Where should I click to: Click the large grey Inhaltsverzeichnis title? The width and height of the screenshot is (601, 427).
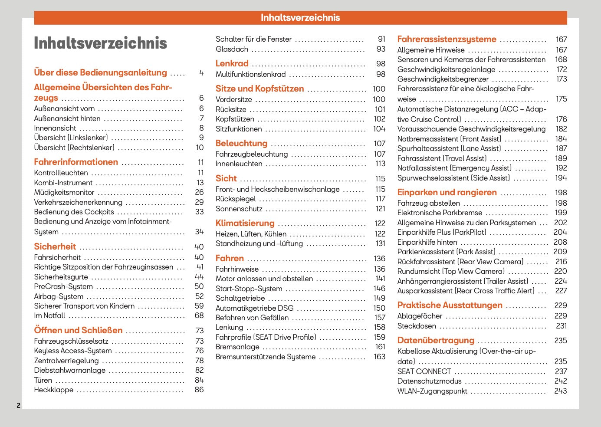pos(100,43)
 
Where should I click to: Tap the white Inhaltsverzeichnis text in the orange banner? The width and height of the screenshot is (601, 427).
pos(300,17)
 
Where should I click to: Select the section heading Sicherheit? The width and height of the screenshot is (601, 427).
pos(55,246)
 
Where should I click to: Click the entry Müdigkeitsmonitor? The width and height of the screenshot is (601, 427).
pos(64,192)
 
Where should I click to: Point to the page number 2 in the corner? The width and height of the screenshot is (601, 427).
pos(18,405)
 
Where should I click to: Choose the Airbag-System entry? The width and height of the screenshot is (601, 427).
pos(59,296)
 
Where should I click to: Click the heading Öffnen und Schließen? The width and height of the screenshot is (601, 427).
pos(78,330)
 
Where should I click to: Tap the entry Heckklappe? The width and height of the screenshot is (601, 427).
pos(54,390)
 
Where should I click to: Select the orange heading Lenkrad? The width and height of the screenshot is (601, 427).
pos(232,63)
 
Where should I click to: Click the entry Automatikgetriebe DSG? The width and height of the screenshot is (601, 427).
pos(255,308)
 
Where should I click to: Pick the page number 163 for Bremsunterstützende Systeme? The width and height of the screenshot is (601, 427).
pos(379,357)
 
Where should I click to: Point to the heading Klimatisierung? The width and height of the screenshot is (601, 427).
pos(245,223)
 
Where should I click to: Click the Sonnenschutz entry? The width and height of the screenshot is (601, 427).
pos(239,209)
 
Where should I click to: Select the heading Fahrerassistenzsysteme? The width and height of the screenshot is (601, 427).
pos(447,39)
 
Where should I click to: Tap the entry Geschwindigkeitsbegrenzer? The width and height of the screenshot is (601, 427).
pos(443,79)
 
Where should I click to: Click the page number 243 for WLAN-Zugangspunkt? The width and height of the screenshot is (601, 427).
pos(560,391)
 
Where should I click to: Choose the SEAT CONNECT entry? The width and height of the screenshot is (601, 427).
pos(424,371)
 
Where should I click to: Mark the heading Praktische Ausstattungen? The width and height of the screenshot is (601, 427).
pos(450,305)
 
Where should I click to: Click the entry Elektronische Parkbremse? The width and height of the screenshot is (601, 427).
pos(440,213)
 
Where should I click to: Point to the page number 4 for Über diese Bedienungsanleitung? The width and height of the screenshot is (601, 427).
pos(201,72)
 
